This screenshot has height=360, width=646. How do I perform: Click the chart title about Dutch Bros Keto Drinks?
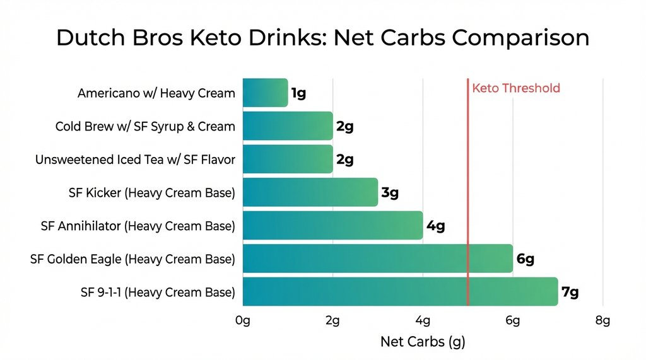pos(322,38)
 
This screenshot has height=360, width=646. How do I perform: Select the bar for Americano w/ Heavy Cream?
pos(265,93)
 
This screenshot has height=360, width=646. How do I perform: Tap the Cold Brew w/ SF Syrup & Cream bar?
pos(287,126)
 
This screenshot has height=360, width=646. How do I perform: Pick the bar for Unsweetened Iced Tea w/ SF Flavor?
pos(287,160)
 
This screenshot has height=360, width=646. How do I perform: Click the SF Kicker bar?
pos(310,192)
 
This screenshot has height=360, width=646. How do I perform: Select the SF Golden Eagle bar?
pos(377,258)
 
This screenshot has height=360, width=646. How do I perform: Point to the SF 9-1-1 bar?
pos(400,292)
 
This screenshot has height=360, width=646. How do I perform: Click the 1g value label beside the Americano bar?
pos(298,94)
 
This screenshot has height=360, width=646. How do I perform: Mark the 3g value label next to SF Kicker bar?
pos(390,193)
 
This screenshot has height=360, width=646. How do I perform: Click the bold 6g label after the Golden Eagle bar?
pos(525,259)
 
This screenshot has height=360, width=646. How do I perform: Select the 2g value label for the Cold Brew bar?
pos(344,127)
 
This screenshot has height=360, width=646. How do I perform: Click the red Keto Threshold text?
pos(515,88)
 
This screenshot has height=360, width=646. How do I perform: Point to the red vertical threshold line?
pos(467,189)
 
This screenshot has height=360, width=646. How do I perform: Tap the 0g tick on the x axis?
pos(243,320)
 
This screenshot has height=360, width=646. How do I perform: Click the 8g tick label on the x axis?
pos(602,320)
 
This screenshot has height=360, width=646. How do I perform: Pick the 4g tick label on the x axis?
pos(423,320)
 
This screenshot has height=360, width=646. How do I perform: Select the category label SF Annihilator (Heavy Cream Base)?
pos(138,226)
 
